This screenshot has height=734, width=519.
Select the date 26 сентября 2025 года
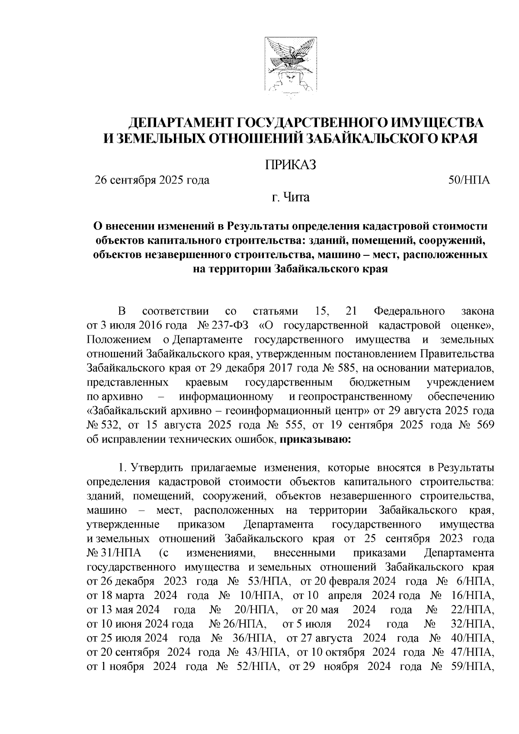coord(152,180)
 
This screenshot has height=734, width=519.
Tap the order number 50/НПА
coord(469,180)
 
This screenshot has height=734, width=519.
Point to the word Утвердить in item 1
coord(157,468)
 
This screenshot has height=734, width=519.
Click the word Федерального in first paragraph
coord(403,310)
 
